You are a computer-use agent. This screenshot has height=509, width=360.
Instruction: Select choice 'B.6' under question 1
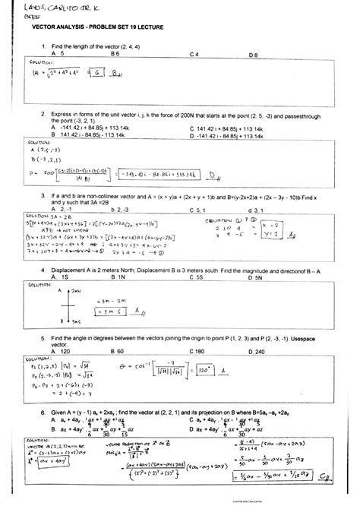coord(116,55)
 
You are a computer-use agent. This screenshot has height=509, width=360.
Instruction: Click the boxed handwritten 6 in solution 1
coord(98,73)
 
